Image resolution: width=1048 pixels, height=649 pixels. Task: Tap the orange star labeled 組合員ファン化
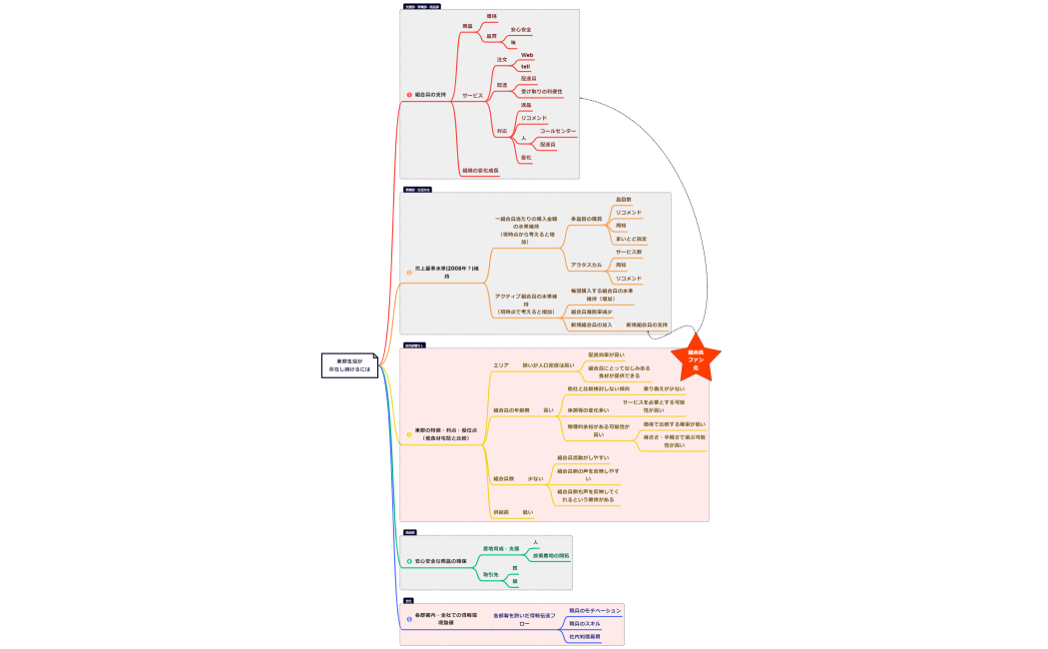[x=696, y=361]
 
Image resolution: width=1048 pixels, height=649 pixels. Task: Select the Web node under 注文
[x=527, y=55]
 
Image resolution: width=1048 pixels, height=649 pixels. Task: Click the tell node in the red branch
[x=525, y=67]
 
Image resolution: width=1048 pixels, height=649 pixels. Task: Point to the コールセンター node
[x=558, y=131]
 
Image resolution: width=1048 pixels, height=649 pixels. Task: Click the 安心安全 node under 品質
[x=521, y=30]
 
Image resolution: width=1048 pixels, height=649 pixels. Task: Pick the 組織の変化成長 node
[x=480, y=171]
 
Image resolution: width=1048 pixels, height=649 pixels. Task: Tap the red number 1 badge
[x=409, y=95]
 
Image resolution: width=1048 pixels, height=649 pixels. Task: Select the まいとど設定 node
[x=632, y=239]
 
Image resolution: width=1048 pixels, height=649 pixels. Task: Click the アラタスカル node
[x=586, y=265]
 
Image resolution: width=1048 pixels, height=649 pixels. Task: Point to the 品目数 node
[x=624, y=200]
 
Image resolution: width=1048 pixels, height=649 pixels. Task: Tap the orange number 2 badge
[x=409, y=271]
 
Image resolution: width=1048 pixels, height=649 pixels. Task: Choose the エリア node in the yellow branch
[x=501, y=365]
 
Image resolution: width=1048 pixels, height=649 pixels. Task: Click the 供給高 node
[x=501, y=511]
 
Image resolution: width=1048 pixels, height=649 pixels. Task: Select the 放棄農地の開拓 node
[x=551, y=555]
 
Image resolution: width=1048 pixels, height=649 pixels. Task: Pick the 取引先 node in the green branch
[x=490, y=574]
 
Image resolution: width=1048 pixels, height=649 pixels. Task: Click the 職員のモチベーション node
[x=595, y=610]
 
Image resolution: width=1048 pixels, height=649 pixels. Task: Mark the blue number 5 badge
[x=408, y=619]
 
